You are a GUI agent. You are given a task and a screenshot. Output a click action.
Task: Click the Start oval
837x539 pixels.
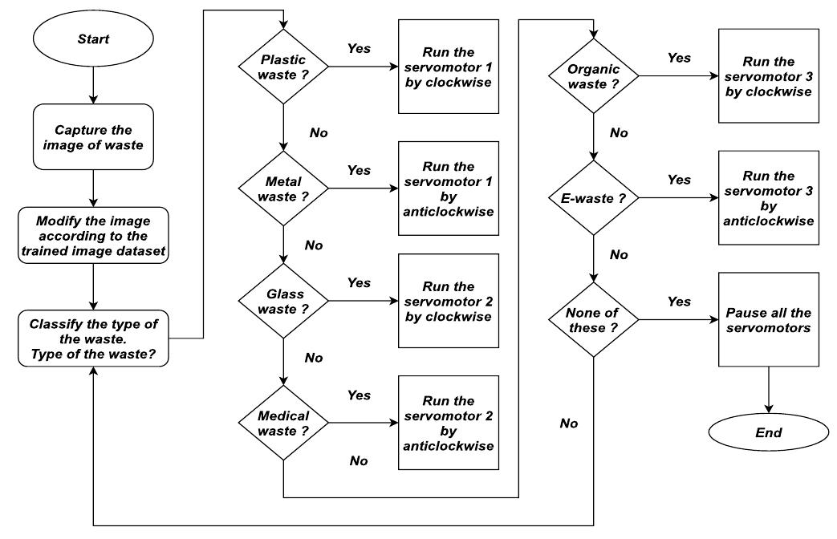(94, 38)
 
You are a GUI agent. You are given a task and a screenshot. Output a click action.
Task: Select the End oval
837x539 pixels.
(770, 433)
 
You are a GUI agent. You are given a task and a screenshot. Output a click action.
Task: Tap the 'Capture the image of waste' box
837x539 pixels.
(94, 137)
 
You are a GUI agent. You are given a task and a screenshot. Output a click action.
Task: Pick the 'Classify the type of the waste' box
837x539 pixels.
(94, 338)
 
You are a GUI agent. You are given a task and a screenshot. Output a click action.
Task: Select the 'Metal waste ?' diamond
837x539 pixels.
(283, 188)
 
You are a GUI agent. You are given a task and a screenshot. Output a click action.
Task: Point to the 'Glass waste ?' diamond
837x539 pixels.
(283, 302)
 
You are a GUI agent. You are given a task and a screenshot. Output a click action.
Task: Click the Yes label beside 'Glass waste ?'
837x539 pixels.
(359, 283)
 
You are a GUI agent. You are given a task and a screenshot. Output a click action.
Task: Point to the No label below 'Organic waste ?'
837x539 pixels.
(619, 133)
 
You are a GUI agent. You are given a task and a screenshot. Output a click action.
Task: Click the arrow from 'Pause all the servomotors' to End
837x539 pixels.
(770, 391)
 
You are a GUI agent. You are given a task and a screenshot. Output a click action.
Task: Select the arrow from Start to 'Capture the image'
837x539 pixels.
(94, 84)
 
